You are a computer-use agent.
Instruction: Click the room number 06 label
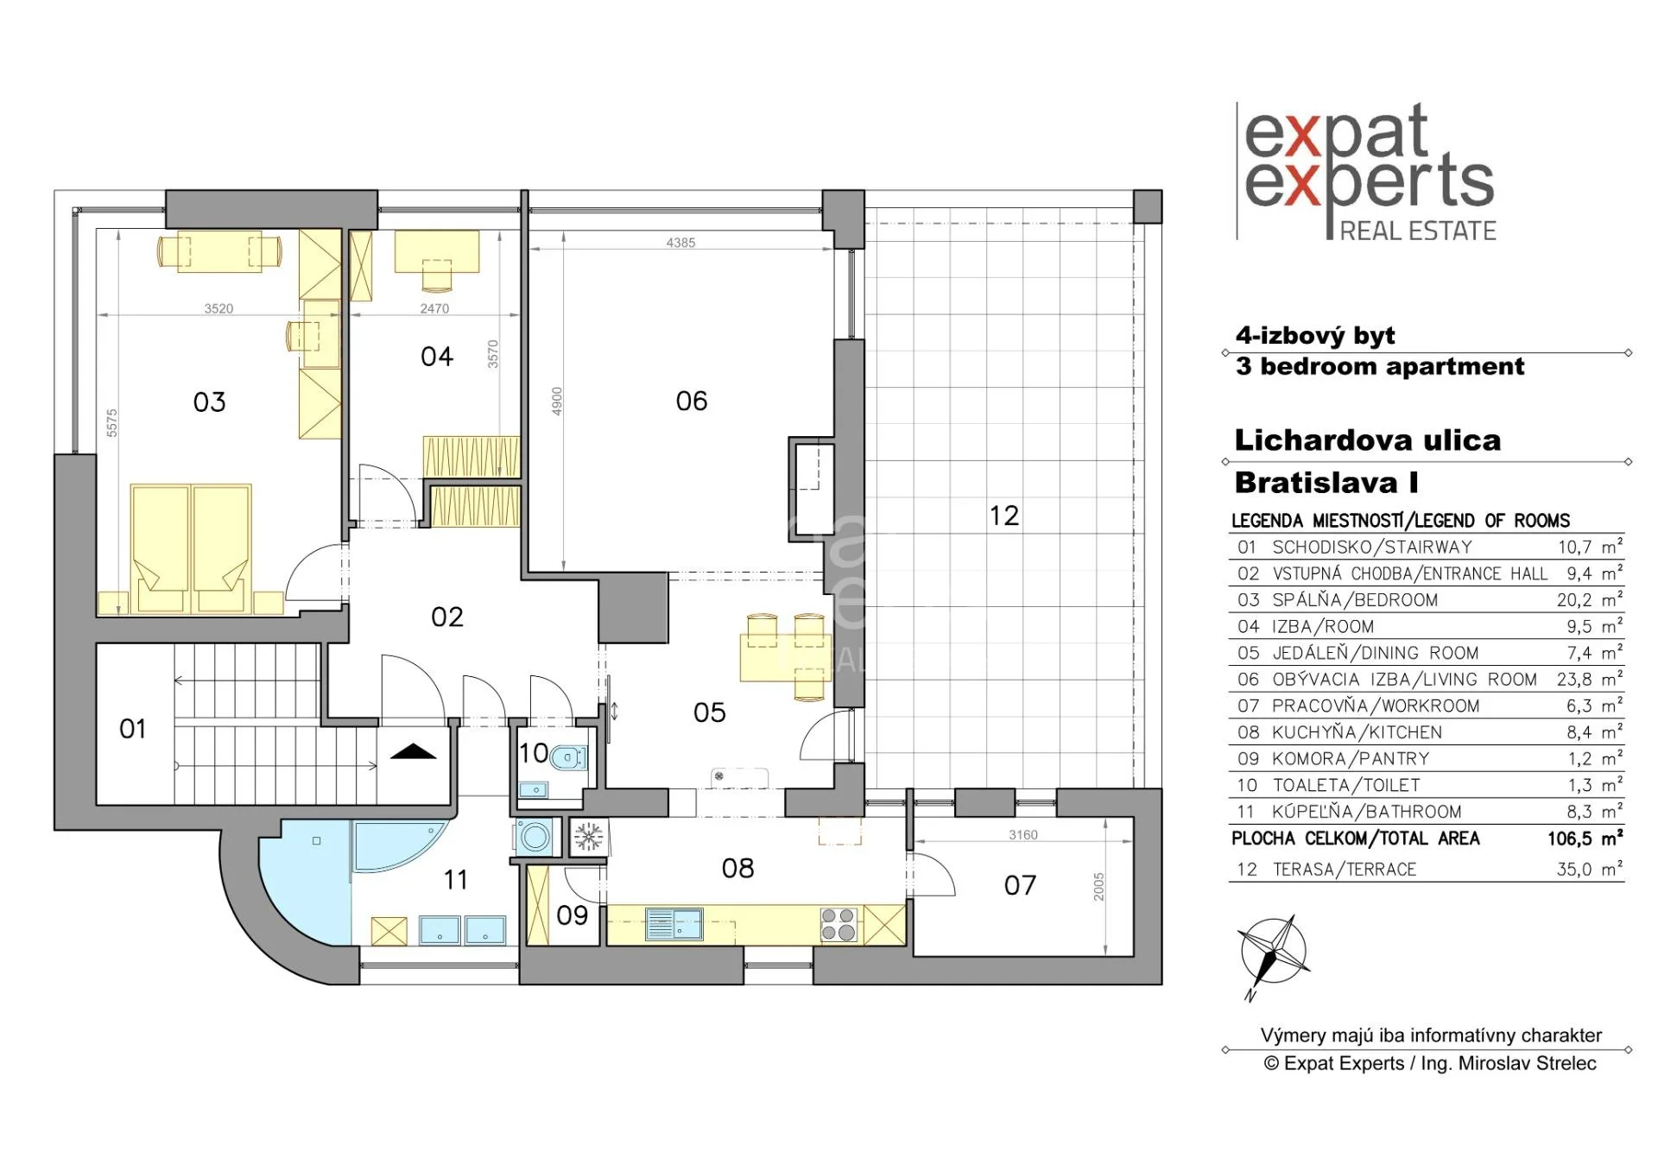pyautogui.click(x=692, y=401)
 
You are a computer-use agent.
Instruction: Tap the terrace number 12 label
pyautogui.click(x=1004, y=516)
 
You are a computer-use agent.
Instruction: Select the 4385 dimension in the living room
pyautogui.click(x=680, y=243)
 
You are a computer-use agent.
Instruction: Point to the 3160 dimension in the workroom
pyautogui.click(x=1023, y=835)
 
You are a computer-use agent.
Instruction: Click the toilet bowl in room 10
pyautogui.click(x=568, y=758)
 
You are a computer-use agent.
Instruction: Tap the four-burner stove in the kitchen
pyautogui.click(x=838, y=924)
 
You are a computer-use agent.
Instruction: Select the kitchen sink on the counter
pyautogui.click(x=674, y=924)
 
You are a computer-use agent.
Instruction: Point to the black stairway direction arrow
pyautogui.click(x=414, y=751)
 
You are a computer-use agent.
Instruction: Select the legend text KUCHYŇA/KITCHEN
pyautogui.click(x=1357, y=732)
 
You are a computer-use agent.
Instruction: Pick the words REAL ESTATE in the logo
pyautogui.click(x=1418, y=231)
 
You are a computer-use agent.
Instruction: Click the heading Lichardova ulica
pyautogui.click(x=1368, y=440)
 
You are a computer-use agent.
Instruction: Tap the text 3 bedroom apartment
pyautogui.click(x=1380, y=366)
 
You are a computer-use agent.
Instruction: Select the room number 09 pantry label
pyautogui.click(x=573, y=915)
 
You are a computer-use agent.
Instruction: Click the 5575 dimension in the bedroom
pyautogui.click(x=111, y=423)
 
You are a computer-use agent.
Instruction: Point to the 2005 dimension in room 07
pyautogui.click(x=1098, y=887)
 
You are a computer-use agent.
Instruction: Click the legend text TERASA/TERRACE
pyautogui.click(x=1345, y=870)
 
